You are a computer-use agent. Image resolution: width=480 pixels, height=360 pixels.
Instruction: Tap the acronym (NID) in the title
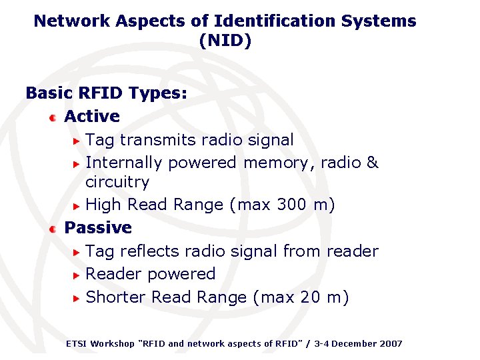tap(225, 41)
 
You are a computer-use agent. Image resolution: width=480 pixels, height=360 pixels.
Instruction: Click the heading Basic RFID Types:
tap(106, 93)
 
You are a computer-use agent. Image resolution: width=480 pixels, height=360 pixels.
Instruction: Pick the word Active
tap(92, 116)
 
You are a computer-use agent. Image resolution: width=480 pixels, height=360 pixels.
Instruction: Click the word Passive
tap(98, 227)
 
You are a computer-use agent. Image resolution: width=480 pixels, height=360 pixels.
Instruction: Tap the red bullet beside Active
tap(53, 117)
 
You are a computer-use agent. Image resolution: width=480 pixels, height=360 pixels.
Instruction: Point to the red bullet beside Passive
tap(53, 229)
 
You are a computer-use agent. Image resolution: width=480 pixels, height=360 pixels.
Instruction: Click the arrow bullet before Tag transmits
tap(77, 141)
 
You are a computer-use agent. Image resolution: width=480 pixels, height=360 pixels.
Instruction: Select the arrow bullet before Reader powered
tap(77, 275)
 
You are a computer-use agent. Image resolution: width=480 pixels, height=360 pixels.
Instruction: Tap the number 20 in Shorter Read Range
tap(310, 297)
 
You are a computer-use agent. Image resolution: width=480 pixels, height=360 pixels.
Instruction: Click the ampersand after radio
tap(373, 163)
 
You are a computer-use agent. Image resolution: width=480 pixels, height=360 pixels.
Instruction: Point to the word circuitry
tap(117, 181)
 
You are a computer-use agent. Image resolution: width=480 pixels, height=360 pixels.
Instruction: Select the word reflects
tap(155, 251)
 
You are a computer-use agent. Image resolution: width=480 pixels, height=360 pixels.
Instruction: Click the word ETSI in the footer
tap(76, 343)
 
